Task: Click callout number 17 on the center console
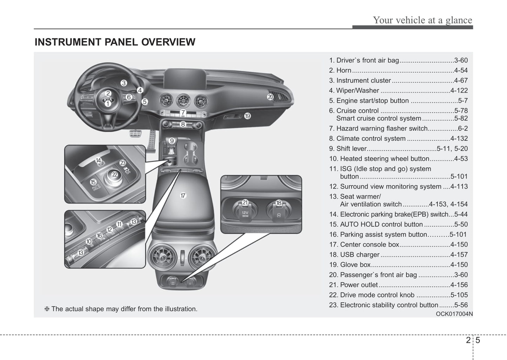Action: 183,195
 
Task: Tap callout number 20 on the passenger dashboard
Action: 270,97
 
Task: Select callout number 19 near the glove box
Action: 247,116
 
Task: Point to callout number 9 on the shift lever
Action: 172,141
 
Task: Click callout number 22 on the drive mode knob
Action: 114,174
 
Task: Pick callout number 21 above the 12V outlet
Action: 245,202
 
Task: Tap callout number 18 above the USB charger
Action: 279,202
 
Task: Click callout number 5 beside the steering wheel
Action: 145,102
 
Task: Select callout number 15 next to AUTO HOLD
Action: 93,182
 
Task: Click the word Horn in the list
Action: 343,71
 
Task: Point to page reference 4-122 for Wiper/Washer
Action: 459,91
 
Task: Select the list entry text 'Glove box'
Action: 355,265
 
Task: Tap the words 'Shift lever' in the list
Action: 351,149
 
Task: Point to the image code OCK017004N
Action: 454,314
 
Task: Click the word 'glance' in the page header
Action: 459,20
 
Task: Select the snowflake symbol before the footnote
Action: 47,309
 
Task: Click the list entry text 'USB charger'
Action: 360,255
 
